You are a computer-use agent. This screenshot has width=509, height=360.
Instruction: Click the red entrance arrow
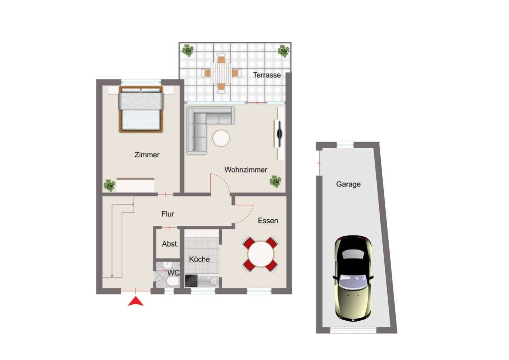136,301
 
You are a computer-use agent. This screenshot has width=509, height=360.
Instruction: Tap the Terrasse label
267,75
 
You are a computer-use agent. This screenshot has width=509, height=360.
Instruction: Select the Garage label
348,184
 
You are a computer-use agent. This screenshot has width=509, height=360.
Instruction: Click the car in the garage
353,277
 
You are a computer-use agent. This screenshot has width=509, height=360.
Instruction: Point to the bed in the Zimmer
141,109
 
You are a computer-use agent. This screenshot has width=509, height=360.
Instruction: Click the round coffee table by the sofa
221,138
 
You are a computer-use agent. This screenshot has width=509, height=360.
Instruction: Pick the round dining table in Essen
260,254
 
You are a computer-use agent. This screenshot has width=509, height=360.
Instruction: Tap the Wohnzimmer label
246,170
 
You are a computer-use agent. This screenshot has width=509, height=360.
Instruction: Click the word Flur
168,214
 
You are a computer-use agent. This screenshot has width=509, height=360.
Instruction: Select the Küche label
199,259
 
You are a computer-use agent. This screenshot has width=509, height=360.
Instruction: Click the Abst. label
170,244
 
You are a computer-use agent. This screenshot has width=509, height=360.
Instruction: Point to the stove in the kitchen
191,281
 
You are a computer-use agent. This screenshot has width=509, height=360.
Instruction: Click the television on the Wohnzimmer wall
279,133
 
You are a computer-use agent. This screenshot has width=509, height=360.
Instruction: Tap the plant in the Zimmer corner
109,185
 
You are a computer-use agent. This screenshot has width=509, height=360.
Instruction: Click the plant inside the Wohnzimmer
275,181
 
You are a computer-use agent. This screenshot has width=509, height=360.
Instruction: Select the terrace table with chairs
221,73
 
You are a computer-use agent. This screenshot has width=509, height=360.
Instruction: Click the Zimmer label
147,155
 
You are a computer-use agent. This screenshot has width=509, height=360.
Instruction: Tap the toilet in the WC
171,282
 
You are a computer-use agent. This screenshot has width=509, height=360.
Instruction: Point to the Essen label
268,220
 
